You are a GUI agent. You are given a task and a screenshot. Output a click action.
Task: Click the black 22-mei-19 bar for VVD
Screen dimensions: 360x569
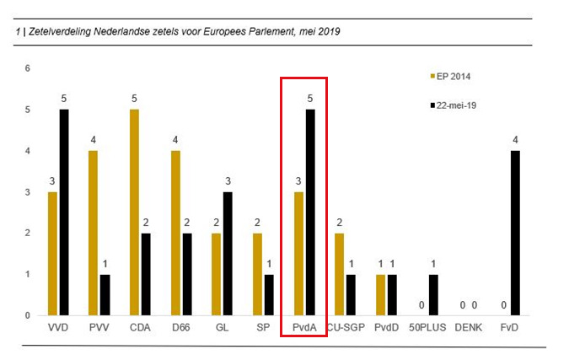click(x=64, y=212)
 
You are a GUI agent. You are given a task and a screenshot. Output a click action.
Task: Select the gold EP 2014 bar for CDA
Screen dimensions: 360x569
click(x=134, y=212)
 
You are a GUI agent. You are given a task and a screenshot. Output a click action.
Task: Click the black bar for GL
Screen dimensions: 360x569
click(x=228, y=254)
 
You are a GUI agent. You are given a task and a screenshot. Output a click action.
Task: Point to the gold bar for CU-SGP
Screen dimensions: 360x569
click(x=339, y=274)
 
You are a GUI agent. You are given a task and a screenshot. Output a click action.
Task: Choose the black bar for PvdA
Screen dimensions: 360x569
click(x=310, y=212)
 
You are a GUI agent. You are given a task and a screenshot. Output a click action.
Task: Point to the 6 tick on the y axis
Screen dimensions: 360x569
click(x=27, y=68)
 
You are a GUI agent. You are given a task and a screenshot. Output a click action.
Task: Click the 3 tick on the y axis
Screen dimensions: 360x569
click(x=27, y=192)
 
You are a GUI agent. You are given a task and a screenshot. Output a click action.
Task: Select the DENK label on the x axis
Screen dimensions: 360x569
click(x=469, y=328)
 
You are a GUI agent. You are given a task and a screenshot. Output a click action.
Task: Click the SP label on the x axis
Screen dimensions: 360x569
click(x=263, y=328)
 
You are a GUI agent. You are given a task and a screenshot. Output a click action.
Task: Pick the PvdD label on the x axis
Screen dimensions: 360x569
click(x=386, y=328)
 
